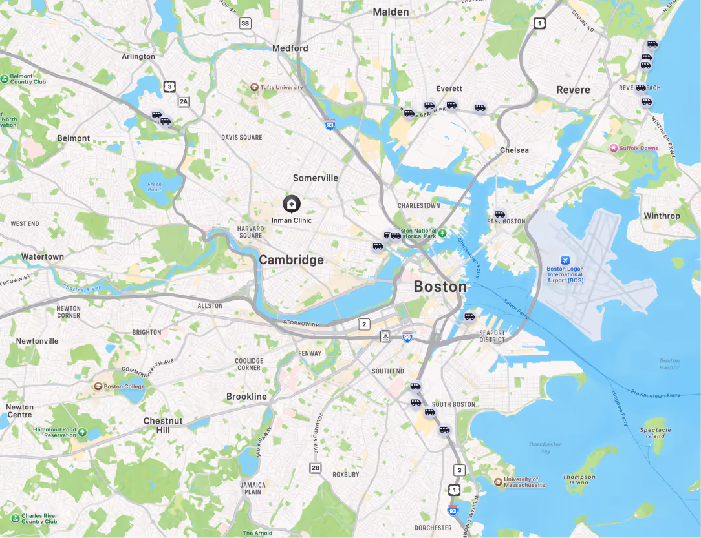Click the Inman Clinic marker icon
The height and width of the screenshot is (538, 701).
pos(292,205)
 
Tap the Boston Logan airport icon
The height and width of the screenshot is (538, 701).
pos(565,260)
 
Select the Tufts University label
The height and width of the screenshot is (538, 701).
pos(281,87)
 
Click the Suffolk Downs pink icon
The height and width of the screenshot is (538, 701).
pos(614,148)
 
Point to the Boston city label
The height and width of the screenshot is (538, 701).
pos(440,287)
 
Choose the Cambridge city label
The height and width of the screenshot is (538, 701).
pos(292,260)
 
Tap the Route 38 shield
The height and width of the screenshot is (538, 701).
pos(244,24)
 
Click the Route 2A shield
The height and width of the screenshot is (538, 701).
pos(184,101)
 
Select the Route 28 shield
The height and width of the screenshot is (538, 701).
pos(315,468)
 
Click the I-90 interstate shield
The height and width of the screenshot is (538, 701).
pos(407,336)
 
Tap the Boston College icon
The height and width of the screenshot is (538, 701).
pos(99,386)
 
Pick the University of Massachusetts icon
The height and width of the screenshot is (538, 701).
pos(498,481)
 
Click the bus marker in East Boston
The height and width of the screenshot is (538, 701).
pos(500,214)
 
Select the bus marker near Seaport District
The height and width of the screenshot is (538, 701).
pos(469,316)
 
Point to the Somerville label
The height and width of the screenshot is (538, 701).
pos(316,178)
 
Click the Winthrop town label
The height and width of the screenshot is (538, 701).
pos(662,216)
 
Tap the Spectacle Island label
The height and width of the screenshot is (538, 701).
pos(655,433)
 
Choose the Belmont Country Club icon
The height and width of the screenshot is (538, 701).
pos(5,79)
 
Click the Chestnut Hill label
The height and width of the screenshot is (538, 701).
pos(163,425)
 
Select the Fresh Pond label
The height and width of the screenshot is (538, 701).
pos(155,187)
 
